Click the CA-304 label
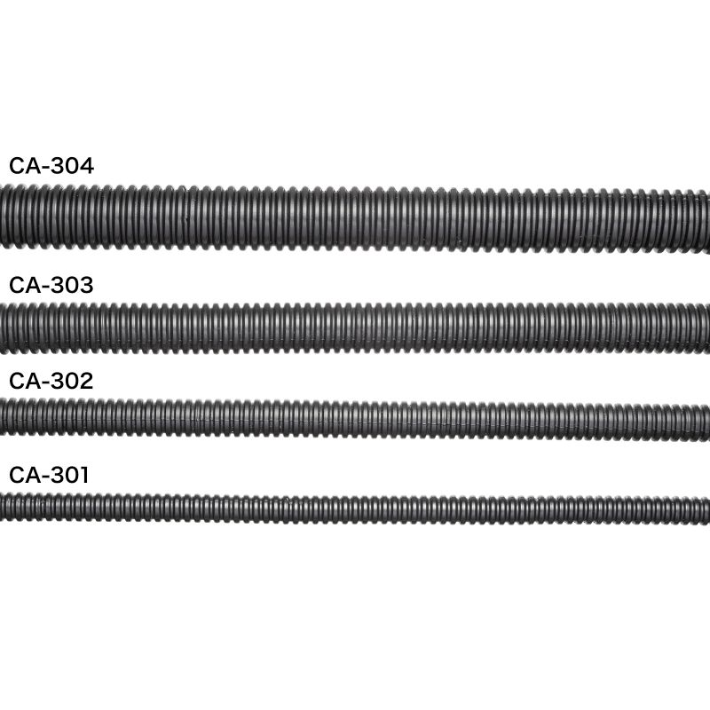[x=51, y=166]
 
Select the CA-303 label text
[x=51, y=285]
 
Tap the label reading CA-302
[x=51, y=381]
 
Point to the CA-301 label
[x=49, y=475]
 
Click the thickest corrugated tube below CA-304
[x=355, y=218]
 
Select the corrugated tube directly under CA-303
[x=355, y=328]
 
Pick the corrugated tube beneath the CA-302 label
[x=355, y=419]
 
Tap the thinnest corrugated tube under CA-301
[x=355, y=509]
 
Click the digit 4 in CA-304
[x=85, y=166]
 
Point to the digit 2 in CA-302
[x=85, y=381]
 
